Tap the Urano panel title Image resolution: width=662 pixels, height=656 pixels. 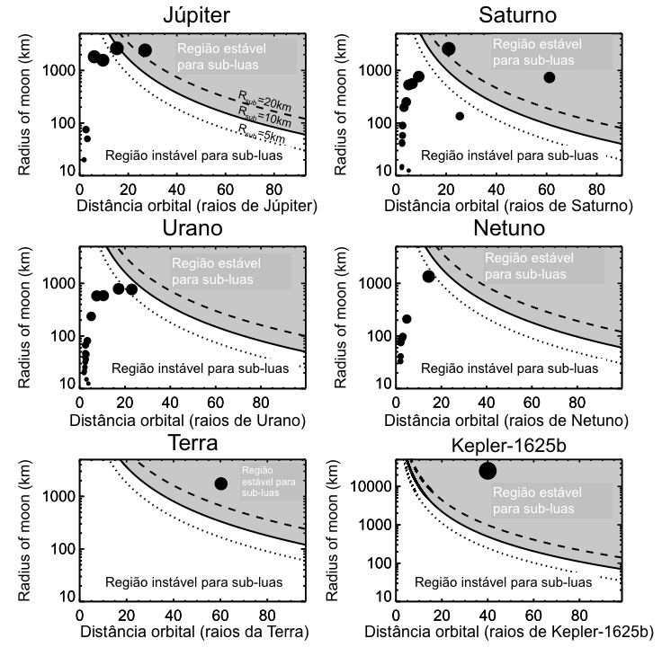tap(194, 228)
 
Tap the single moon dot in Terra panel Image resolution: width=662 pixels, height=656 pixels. tap(220, 483)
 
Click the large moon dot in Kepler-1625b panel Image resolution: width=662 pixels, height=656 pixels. tap(488, 471)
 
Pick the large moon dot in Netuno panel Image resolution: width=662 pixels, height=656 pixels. tap(429, 276)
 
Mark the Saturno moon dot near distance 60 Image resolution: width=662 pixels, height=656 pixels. tap(550, 77)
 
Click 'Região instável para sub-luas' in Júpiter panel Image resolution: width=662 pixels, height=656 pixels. tap(193, 155)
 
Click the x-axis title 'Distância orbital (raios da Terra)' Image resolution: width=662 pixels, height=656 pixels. tap(194, 633)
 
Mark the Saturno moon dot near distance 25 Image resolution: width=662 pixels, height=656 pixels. tap(460, 116)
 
